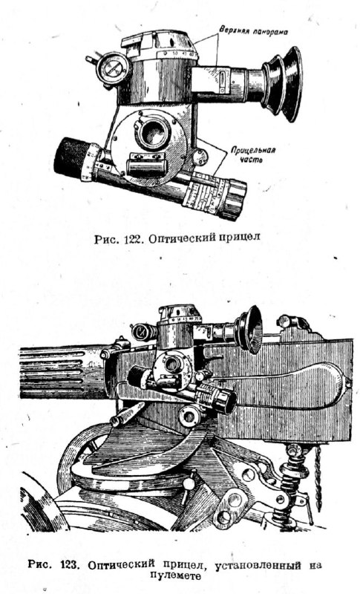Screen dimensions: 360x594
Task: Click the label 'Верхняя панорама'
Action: click(x=254, y=31)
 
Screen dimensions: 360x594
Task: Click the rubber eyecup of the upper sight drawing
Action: click(x=282, y=84)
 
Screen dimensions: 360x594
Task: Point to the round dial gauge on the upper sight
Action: click(x=112, y=69)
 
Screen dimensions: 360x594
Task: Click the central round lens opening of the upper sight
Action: click(x=154, y=132)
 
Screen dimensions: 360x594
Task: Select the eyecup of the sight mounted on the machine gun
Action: click(x=250, y=329)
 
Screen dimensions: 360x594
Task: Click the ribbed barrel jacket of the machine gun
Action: click(x=61, y=373)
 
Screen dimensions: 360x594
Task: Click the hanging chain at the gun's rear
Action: click(x=317, y=475)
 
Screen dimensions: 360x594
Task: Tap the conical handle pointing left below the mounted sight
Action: click(x=127, y=414)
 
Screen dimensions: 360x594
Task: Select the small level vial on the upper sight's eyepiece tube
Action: click(x=221, y=81)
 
